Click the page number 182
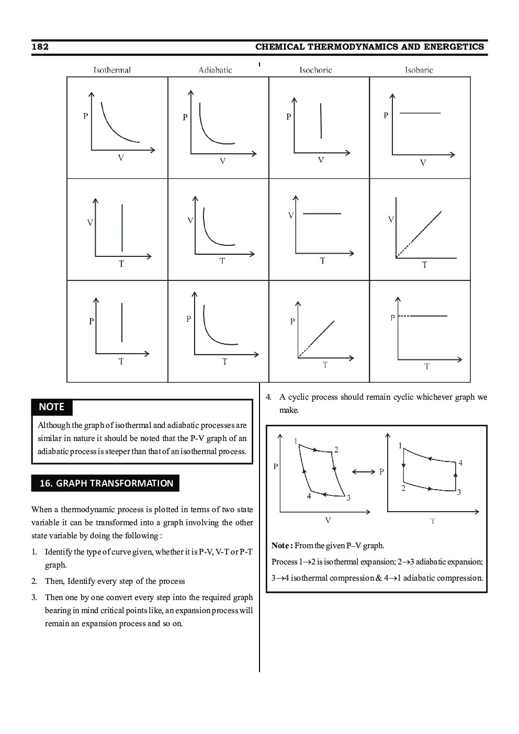[40, 47]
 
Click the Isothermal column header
[112, 70]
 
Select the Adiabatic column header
[215, 70]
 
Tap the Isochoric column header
[315, 70]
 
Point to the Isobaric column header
[419, 70]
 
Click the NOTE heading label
[52, 407]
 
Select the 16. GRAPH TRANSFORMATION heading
[106, 483]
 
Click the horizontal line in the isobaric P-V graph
[420, 113]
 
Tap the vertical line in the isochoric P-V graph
[321, 121]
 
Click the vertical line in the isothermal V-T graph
[122, 228]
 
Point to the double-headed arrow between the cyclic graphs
[364, 472]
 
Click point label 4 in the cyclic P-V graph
[309, 496]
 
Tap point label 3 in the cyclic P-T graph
[459, 492]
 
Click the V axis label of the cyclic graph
[328, 520]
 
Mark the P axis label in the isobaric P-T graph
[392, 318]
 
